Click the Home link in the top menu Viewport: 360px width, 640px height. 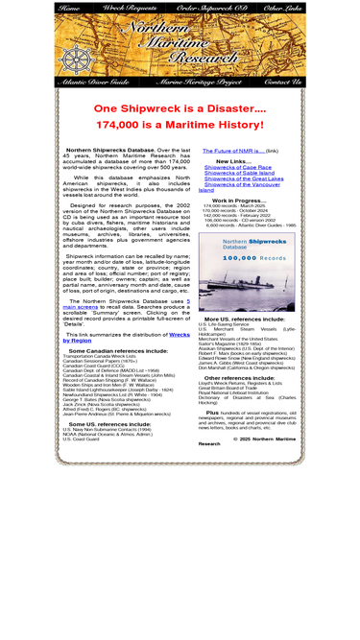(69, 8)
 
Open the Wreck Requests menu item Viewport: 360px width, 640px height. (130, 8)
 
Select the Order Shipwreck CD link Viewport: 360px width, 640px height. (211, 8)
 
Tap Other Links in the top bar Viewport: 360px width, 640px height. (282, 8)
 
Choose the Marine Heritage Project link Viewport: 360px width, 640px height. (200, 83)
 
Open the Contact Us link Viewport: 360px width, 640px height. (282, 83)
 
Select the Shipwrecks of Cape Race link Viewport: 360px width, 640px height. (237, 167)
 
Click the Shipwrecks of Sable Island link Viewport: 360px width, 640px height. (239, 173)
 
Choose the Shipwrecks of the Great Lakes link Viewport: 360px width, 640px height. (244, 178)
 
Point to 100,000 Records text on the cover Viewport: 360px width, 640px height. (247, 259)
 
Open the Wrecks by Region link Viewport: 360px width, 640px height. (126, 337)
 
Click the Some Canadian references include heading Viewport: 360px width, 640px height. (109, 350)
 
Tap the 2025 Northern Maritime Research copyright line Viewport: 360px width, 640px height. (247, 440)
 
